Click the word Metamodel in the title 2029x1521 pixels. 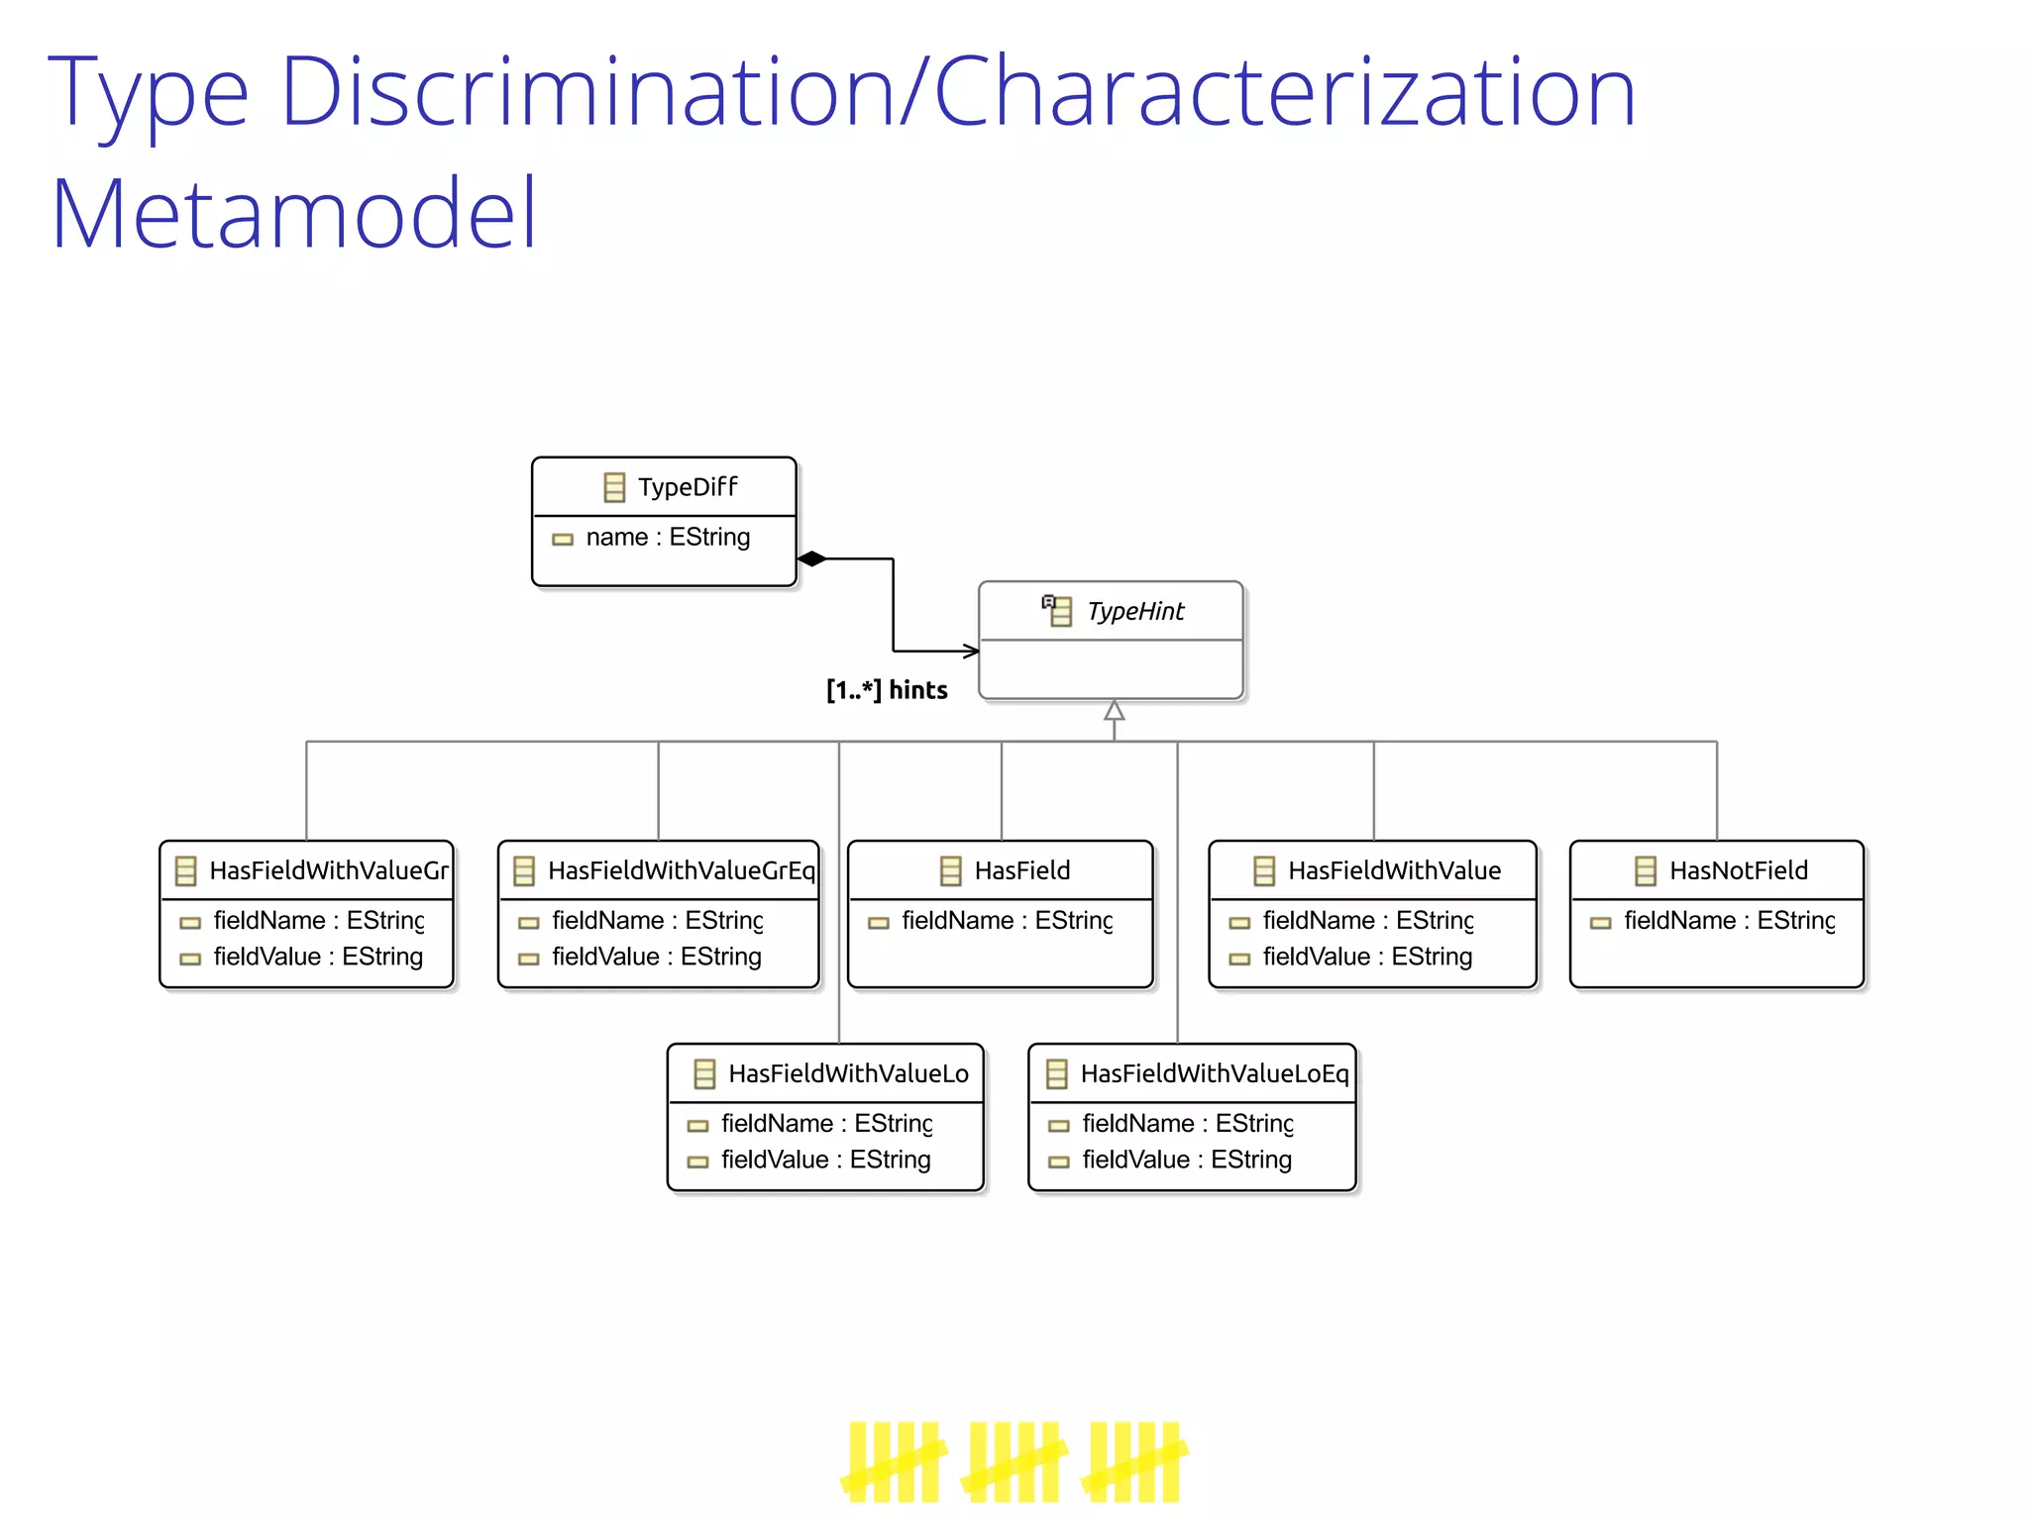(x=293, y=213)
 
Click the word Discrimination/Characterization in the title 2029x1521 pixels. (x=957, y=92)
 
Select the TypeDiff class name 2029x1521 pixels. (x=687, y=487)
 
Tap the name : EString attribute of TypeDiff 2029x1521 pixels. (x=667, y=538)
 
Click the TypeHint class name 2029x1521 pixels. (x=1134, y=612)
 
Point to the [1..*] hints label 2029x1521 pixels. (x=887, y=690)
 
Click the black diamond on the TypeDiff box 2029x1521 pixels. (x=811, y=558)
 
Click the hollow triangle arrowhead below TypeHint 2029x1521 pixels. (x=1115, y=711)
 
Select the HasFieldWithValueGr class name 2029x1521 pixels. (x=328, y=870)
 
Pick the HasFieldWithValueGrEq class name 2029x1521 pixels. (x=681, y=870)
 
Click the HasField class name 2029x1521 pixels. (x=1021, y=870)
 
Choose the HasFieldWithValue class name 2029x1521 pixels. (x=1394, y=870)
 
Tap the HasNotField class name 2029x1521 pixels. (x=1738, y=870)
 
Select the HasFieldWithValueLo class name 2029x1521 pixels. (x=848, y=1073)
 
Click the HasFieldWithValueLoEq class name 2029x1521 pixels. (x=1214, y=1073)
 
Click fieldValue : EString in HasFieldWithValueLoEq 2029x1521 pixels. (x=1186, y=1160)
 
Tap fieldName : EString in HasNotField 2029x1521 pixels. (x=1729, y=921)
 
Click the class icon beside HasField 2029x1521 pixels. (x=950, y=870)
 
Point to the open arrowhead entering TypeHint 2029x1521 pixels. (x=971, y=651)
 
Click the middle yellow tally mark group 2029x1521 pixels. (x=1014, y=1462)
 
